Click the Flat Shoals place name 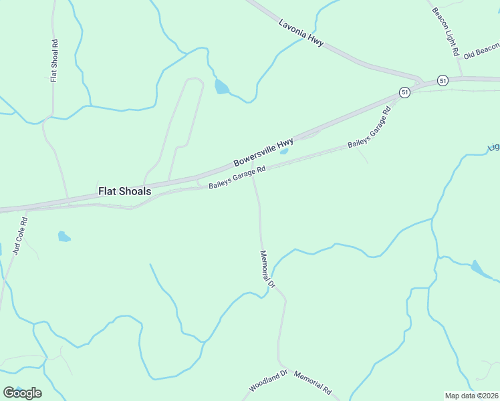click(125, 191)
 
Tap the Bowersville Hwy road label click(263, 153)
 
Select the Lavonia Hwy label click(301, 32)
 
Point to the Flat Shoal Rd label click(54, 60)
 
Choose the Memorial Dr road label click(267, 269)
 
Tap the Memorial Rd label click(312, 383)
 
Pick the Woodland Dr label click(268, 380)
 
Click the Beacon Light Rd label click(445, 31)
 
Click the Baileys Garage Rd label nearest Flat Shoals click(237, 178)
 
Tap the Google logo click(22, 392)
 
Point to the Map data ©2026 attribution click(471, 396)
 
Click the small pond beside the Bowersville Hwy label click(284, 151)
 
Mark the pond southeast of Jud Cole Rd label click(64, 236)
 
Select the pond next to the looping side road click(221, 87)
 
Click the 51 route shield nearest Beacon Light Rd click(443, 80)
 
